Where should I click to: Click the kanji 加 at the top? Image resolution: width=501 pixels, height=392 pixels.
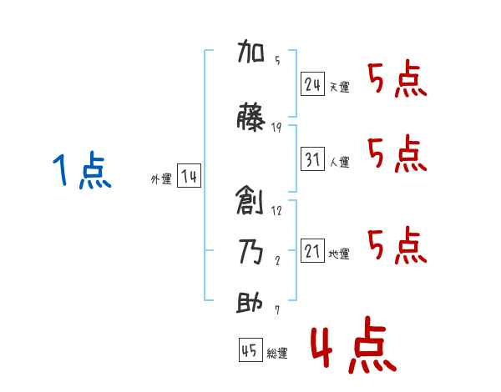(x=250, y=51)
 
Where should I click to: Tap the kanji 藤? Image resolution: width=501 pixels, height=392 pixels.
(x=250, y=117)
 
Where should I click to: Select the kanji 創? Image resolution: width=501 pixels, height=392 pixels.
(x=250, y=201)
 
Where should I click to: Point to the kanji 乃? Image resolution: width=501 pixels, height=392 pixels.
(x=251, y=252)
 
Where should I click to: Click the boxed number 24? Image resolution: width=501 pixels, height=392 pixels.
(x=312, y=84)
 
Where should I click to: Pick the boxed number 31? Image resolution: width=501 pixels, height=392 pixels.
(x=312, y=158)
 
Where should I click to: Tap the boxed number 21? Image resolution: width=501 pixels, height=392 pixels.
(x=312, y=250)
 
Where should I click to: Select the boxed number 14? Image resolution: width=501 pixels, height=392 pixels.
(x=189, y=176)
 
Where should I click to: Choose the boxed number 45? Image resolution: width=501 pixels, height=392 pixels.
(x=250, y=349)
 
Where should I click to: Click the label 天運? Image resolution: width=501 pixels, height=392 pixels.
(x=339, y=87)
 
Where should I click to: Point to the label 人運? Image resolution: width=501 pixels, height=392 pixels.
(x=339, y=162)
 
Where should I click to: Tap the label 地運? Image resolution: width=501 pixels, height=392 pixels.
(x=339, y=254)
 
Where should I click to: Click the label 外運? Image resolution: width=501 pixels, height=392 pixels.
(x=161, y=179)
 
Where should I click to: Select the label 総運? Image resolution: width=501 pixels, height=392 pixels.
(x=277, y=353)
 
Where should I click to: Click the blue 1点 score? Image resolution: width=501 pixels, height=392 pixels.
(x=82, y=169)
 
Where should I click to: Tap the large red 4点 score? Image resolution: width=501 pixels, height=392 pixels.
(x=354, y=344)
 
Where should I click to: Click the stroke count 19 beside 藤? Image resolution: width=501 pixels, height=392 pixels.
(x=276, y=128)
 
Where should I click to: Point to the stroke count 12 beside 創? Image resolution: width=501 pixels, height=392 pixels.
(x=276, y=211)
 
